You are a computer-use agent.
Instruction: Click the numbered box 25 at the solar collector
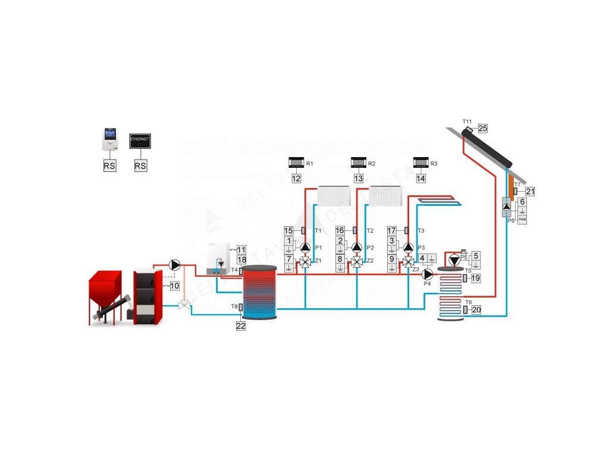pos(483,128)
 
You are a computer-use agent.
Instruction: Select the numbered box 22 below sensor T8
pos(240,326)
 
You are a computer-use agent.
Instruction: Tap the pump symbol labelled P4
pos(427,275)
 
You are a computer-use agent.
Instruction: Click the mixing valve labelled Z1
pos(305,262)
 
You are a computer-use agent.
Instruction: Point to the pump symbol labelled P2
pos(356,248)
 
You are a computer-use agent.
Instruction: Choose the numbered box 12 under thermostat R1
pos(296,178)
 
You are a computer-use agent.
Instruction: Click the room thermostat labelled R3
pos(421,162)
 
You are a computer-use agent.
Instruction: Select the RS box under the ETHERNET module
pos(140,166)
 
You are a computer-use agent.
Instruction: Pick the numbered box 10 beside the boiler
pos(174,286)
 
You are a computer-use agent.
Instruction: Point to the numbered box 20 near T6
pos(476,309)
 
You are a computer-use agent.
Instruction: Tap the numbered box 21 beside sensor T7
pos(530,191)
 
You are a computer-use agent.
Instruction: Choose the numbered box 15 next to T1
pos(288,230)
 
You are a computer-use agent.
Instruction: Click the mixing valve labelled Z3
pos(408,262)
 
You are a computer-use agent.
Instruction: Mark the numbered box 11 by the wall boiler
pos(241,249)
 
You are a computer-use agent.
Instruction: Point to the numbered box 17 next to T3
pos(391,230)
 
